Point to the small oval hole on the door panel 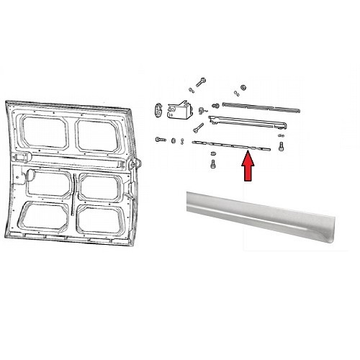[32, 174]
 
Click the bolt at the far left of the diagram [160, 139]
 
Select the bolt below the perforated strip [213, 164]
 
